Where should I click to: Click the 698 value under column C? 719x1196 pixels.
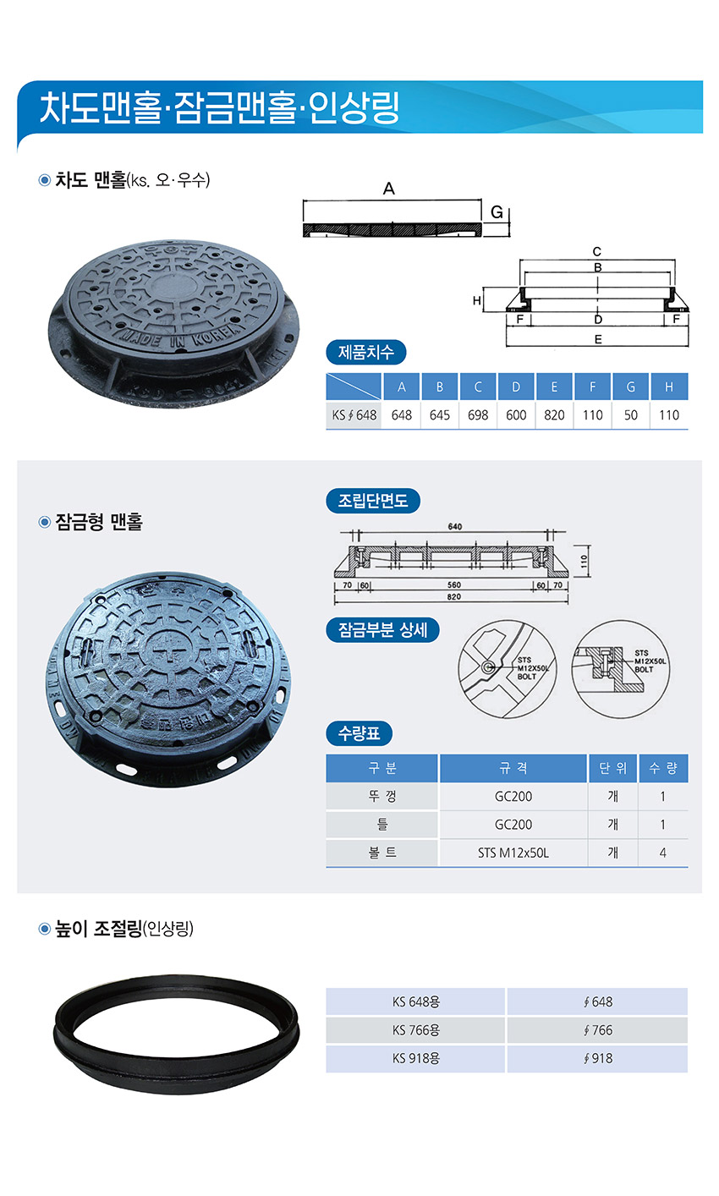[x=478, y=414]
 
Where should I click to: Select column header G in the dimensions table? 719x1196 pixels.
[x=630, y=387]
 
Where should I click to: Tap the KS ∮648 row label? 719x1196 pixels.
[x=354, y=414]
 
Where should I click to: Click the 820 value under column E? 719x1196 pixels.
[x=554, y=414]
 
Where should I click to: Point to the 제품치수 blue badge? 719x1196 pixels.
[x=366, y=353]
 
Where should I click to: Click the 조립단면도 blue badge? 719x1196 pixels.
[x=373, y=501]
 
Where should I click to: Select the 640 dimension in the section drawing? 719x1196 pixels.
[x=455, y=527]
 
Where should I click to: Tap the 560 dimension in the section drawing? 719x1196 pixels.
[x=454, y=585]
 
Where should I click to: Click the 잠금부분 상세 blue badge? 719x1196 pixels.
[x=382, y=630]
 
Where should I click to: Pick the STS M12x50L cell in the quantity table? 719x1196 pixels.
[x=513, y=853]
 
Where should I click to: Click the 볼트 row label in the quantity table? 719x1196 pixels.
[x=382, y=853]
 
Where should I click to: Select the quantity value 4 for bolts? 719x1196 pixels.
[x=662, y=853]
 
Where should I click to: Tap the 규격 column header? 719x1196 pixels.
[x=513, y=768]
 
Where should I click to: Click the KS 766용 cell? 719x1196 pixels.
[x=416, y=1030]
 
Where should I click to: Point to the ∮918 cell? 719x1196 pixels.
[x=598, y=1058]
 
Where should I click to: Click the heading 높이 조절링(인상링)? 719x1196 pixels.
[x=124, y=929]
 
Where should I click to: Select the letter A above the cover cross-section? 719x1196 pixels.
[x=388, y=189]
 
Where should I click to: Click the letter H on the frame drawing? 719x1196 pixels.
[x=477, y=301]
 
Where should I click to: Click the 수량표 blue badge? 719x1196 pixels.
[x=359, y=733]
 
